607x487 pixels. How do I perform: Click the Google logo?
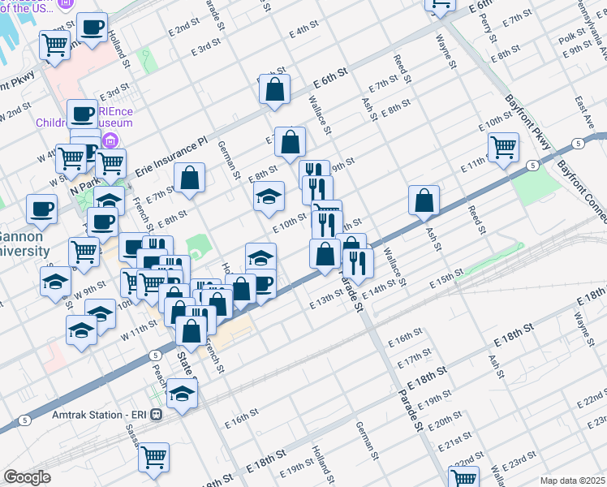point(27,477)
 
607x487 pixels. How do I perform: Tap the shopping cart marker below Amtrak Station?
point(153,458)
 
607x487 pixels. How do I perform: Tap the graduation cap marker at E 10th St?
point(269,196)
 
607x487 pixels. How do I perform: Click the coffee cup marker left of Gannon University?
point(41,209)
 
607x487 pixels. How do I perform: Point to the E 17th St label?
point(415,357)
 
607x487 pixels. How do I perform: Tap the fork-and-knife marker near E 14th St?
point(357,263)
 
